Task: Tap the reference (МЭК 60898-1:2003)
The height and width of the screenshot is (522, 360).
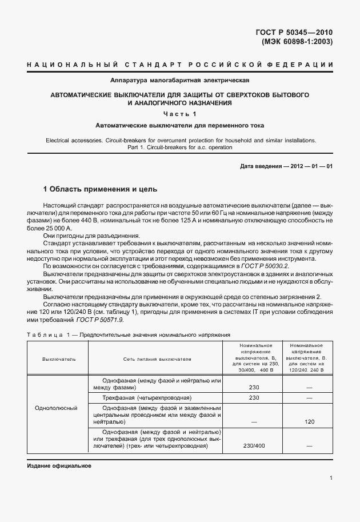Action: [297, 42]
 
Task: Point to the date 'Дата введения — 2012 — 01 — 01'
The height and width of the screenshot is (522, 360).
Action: [286, 166]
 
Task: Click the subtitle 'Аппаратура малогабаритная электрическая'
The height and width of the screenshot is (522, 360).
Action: [179, 81]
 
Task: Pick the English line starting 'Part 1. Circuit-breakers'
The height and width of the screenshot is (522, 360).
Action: [179, 148]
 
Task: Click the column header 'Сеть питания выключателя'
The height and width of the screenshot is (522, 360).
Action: [157, 358]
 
